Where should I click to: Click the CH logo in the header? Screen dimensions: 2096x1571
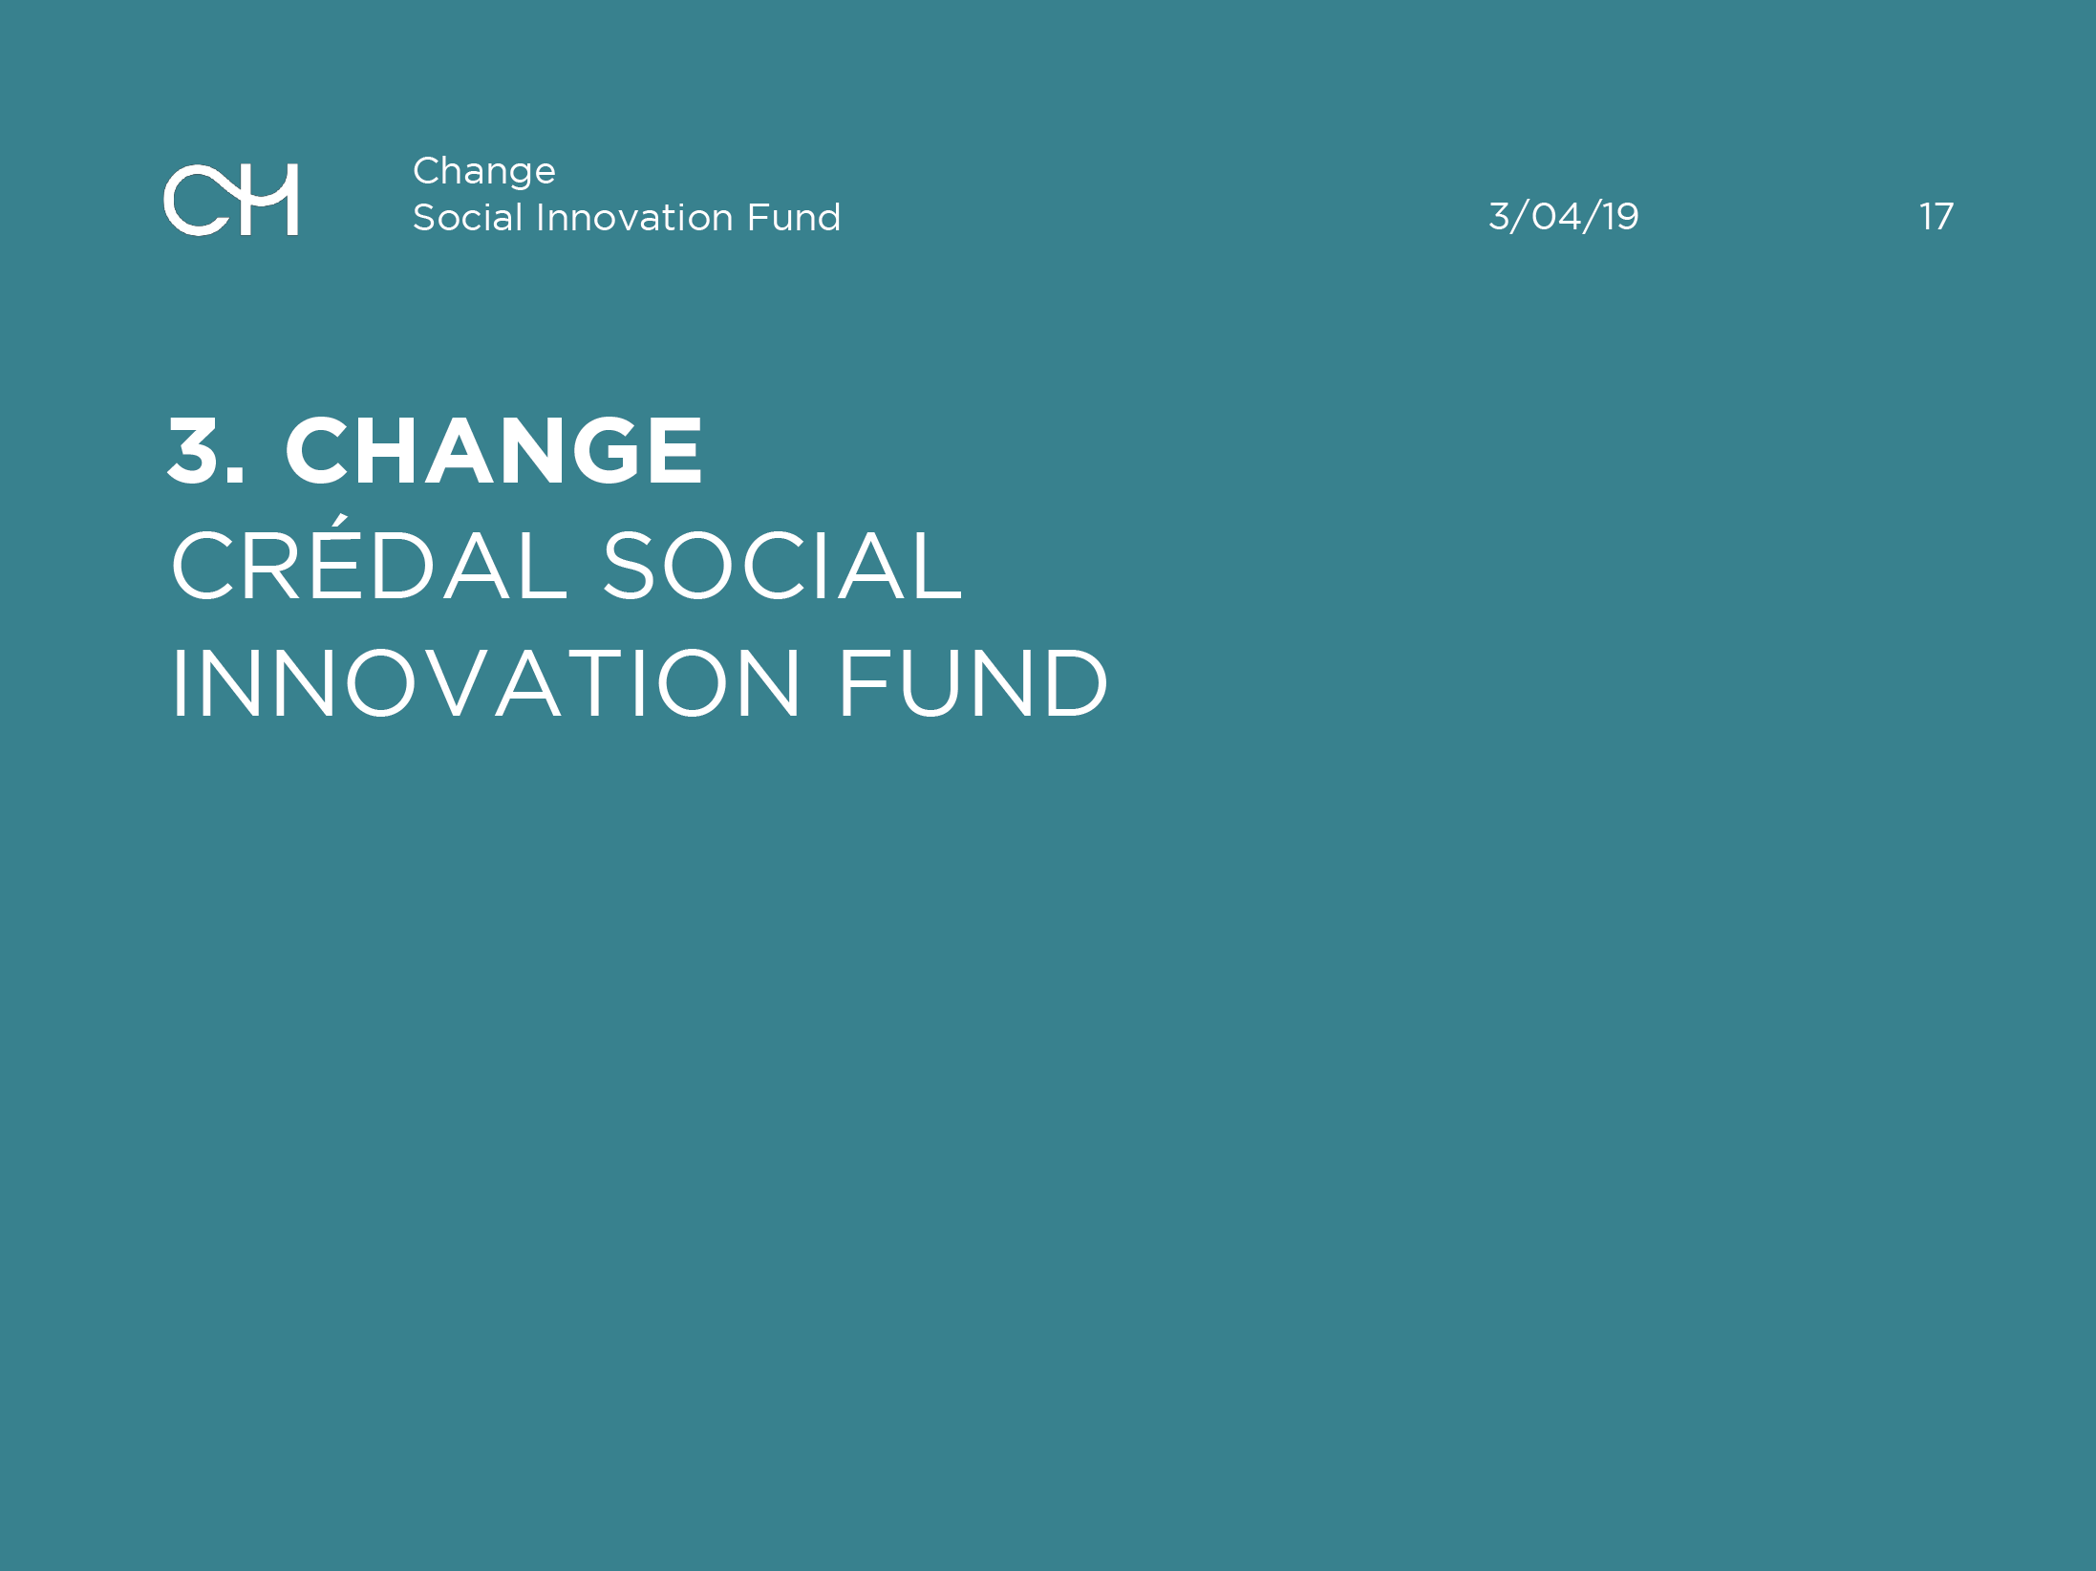click(231, 200)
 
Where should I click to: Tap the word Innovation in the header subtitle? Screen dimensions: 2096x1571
click(634, 217)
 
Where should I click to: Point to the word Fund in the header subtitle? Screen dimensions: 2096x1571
click(794, 217)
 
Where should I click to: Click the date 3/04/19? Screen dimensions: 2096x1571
click(1564, 217)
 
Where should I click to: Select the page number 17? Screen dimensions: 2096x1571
click(1936, 217)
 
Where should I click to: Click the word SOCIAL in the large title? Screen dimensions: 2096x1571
click(781, 566)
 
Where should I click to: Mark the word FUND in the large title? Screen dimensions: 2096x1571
click(973, 682)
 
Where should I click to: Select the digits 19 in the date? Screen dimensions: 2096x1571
click(1621, 217)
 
